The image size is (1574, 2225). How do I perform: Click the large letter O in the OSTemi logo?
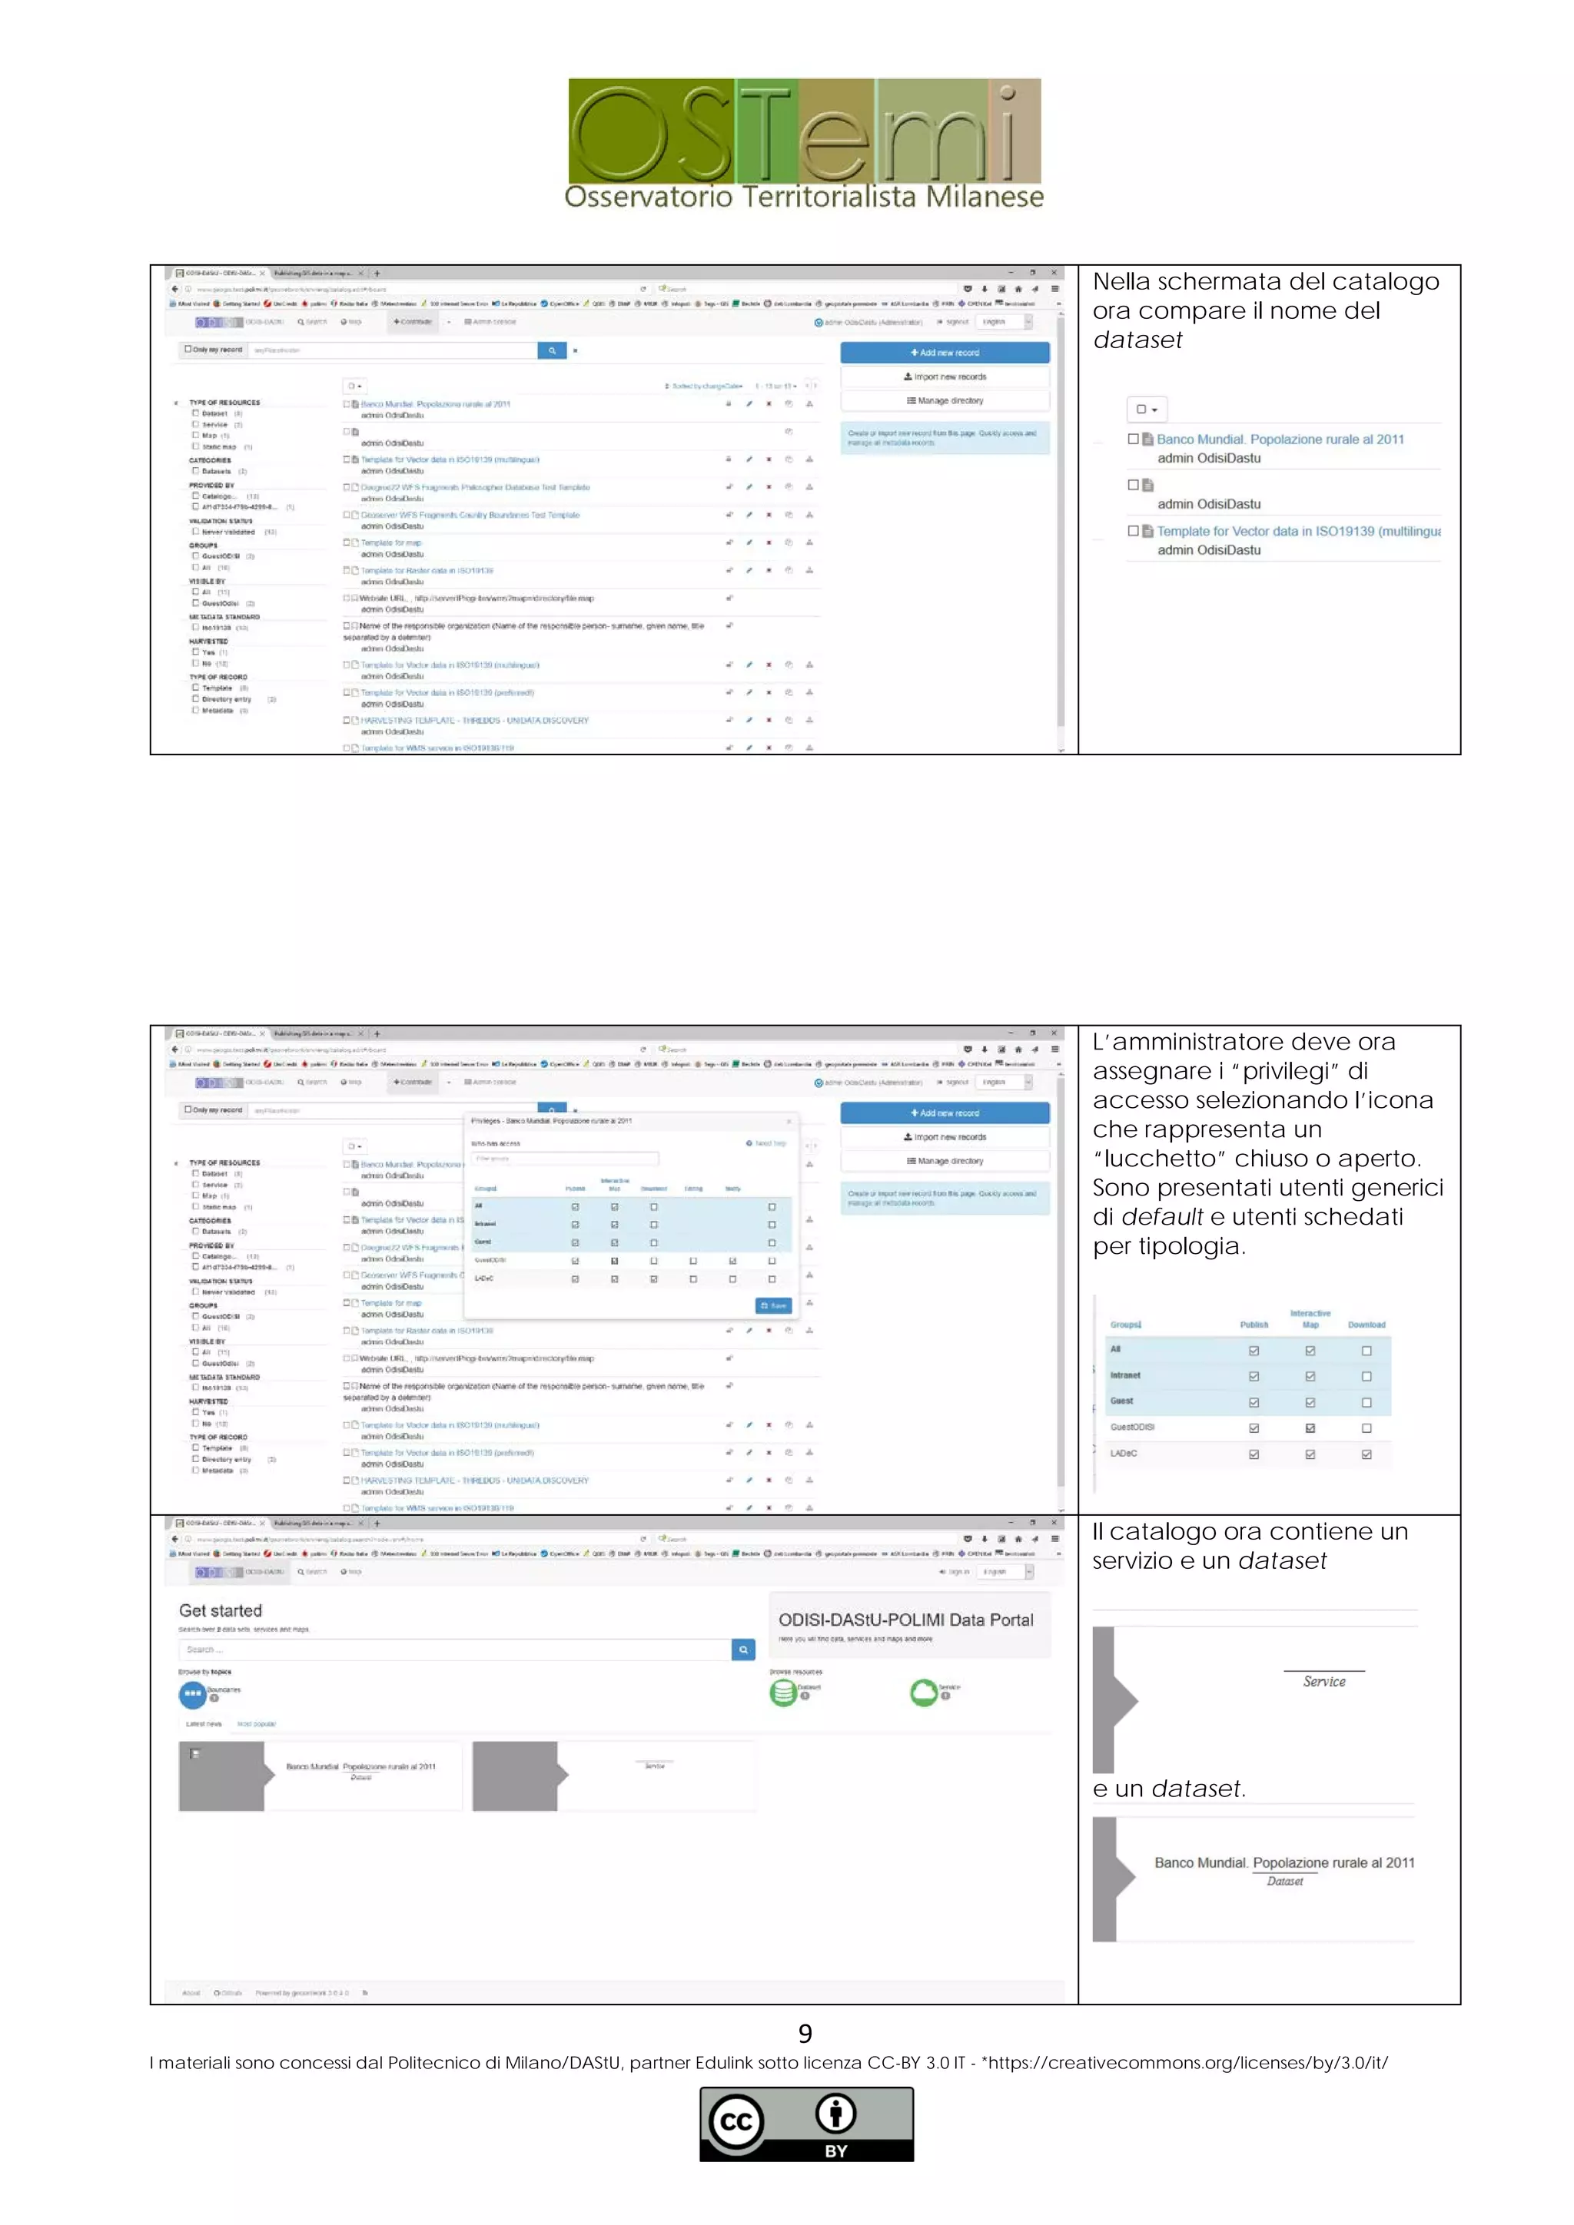620,133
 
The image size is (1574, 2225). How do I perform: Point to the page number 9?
805,2033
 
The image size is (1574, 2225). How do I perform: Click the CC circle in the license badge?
736,2121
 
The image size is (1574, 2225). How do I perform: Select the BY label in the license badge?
835,2150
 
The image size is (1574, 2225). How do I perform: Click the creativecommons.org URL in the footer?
1188,2062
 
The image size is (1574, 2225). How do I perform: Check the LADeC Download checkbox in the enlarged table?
1366,1454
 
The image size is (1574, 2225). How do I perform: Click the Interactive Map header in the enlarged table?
1310,1319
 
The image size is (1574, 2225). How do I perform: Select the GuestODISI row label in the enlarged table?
1132,1427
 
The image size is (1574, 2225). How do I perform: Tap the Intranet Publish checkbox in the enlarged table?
1254,1376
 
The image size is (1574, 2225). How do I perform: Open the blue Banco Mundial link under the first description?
1280,439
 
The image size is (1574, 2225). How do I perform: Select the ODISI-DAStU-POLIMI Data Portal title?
905,1620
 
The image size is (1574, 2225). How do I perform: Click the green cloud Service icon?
924,1692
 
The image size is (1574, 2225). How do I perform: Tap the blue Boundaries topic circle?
192,1694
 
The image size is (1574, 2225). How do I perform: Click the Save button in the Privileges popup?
772,1305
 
